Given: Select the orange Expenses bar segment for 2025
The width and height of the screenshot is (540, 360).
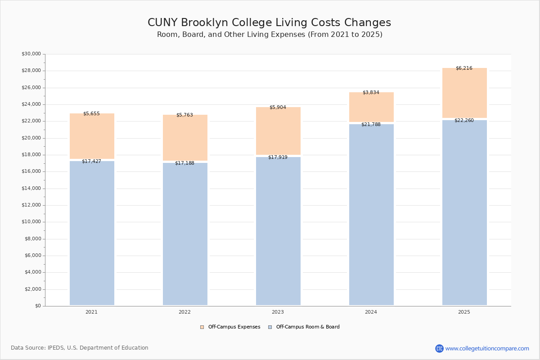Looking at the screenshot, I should click(464, 94).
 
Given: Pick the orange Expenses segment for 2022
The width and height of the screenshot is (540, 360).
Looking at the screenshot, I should click(185, 139).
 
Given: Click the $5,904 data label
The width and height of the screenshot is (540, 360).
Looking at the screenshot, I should click(278, 108).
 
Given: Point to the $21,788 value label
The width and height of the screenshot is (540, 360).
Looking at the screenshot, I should click(371, 125).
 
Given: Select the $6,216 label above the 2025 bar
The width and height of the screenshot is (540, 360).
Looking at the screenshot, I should click(464, 68).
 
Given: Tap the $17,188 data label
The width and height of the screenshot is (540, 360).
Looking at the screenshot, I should click(184, 163).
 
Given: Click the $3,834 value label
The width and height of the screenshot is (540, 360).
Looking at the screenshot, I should click(371, 93).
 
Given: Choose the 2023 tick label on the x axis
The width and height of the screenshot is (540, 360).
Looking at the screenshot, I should click(278, 312).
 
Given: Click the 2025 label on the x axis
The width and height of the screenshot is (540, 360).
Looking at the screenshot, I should click(464, 312).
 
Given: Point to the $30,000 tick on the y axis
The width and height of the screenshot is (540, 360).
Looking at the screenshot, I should click(31, 54).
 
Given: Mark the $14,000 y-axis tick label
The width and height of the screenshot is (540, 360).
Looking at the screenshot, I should click(31, 189).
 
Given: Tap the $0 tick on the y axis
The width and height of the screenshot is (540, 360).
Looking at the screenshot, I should click(38, 306).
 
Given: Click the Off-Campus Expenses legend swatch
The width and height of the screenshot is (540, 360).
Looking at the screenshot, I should click(202, 327).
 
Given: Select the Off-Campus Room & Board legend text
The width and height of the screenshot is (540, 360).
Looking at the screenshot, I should click(308, 327).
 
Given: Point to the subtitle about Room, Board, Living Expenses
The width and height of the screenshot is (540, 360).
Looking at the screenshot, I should click(270, 35).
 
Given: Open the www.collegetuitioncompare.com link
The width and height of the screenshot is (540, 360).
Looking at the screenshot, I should click(487, 349).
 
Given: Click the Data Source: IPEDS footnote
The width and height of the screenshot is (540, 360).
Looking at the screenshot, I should click(80, 348).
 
